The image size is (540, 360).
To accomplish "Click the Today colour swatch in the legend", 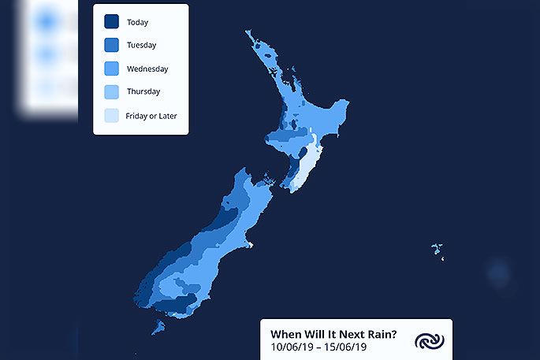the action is click(112, 21).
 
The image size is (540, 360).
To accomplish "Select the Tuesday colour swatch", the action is click(112, 45).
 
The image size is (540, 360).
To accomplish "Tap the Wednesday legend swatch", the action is click(112, 69).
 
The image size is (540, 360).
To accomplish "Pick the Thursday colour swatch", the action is click(112, 92).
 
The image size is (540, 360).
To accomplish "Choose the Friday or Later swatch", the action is click(112, 116).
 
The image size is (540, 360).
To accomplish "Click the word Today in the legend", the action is click(137, 22).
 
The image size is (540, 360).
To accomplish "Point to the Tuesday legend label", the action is click(142, 45).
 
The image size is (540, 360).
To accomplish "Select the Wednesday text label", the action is click(147, 69).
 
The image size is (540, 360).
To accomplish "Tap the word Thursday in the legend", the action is click(143, 91).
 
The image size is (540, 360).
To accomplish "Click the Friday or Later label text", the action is click(151, 116).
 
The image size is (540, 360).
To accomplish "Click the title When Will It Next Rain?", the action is click(333, 334).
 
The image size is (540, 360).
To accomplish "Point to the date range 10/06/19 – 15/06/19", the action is click(318, 347).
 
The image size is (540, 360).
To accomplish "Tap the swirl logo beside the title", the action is click(430, 341).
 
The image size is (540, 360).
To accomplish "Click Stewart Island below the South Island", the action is click(158, 327).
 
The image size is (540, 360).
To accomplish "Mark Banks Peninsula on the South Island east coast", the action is click(249, 243).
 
